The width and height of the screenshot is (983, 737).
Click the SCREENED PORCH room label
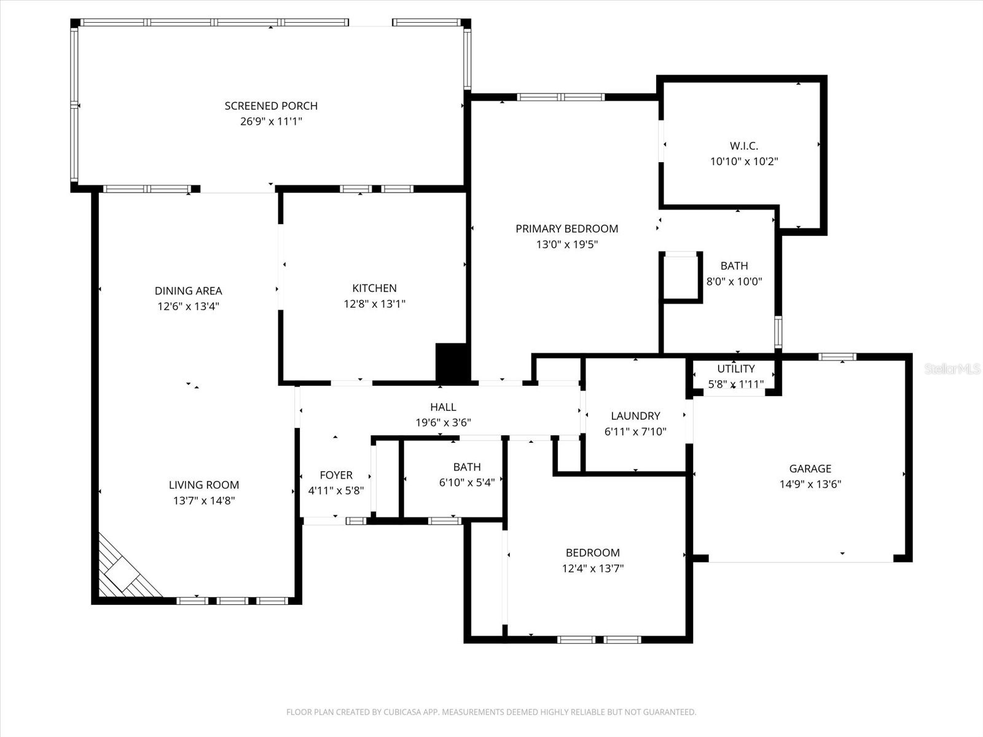[271, 106]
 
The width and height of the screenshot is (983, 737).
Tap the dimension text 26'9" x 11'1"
[271, 122]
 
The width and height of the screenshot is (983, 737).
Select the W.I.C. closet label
[744, 146]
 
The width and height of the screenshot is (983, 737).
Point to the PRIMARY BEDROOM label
[566, 228]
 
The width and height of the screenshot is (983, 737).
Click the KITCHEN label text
[374, 288]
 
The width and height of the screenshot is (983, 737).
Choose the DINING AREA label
[188, 291]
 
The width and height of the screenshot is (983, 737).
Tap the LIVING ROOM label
[204, 485]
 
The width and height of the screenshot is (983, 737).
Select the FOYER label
[336, 475]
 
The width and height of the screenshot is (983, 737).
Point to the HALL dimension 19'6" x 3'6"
[443, 423]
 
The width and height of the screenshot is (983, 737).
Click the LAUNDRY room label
[635, 416]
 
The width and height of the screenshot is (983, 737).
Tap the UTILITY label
[735, 368]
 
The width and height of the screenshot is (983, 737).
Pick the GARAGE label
[810, 469]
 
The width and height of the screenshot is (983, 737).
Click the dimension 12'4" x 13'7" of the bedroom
[592, 568]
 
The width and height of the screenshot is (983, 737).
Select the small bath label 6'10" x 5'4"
[466, 483]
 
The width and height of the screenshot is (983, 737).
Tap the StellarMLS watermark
[952, 368]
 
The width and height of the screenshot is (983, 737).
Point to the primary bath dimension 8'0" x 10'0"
[734, 281]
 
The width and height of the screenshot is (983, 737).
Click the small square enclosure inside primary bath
[681, 278]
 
